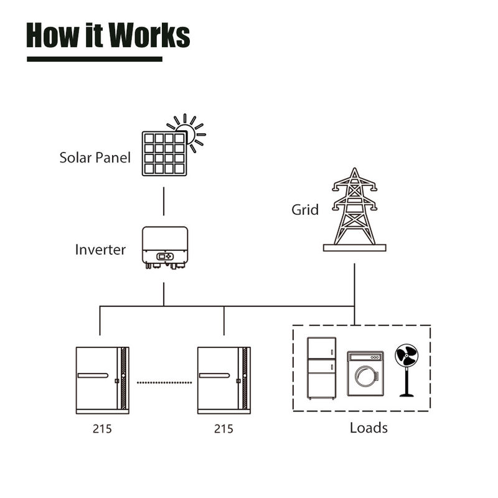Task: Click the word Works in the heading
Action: (149, 35)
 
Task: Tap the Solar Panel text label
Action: (95, 157)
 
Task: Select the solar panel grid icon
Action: (164, 153)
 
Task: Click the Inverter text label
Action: (100, 250)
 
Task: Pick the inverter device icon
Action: (164, 247)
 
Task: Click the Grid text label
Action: (305, 210)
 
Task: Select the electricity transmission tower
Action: (355, 209)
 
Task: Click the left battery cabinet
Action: (102, 380)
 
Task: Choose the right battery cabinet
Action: (223, 380)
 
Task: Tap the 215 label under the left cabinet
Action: (101, 429)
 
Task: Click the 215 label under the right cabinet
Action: (223, 429)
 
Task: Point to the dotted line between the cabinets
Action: (163, 382)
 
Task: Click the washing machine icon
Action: (365, 374)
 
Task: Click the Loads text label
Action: (369, 428)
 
